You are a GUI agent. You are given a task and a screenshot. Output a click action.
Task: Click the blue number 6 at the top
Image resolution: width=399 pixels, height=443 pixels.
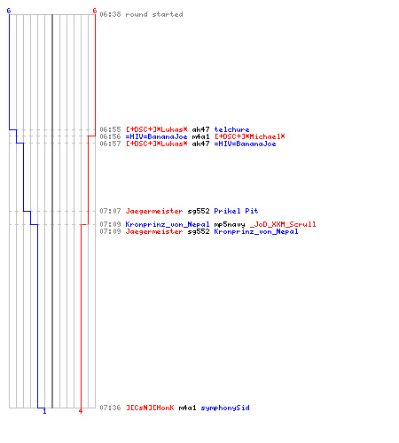(x=9, y=11)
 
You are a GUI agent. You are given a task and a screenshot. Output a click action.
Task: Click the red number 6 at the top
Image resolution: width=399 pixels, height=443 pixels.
(x=95, y=11)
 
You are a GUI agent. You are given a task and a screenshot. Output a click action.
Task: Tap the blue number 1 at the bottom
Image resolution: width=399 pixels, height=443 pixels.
(x=44, y=411)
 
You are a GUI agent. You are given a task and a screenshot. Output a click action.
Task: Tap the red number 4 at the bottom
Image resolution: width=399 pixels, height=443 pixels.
(x=81, y=411)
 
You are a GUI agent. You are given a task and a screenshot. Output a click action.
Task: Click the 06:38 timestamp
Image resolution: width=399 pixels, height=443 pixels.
(x=110, y=14)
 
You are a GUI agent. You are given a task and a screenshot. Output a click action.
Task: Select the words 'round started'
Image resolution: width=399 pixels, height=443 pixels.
(x=154, y=14)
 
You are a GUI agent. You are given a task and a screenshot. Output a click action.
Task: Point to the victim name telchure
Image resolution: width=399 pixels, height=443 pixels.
(x=231, y=129)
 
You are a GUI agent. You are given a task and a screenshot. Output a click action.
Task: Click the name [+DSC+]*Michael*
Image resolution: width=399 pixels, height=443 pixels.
(x=250, y=136)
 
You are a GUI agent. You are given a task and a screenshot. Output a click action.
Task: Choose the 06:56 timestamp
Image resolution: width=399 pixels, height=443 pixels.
(x=110, y=136)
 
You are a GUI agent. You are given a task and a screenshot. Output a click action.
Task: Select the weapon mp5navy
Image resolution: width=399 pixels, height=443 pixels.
(x=230, y=224)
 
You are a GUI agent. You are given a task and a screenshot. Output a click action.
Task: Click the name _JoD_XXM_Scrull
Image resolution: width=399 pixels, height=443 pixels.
(x=283, y=224)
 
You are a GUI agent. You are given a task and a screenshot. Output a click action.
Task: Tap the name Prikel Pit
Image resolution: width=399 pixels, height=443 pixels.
(x=236, y=211)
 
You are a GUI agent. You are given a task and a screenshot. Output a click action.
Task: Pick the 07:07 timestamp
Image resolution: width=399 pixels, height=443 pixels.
(x=110, y=211)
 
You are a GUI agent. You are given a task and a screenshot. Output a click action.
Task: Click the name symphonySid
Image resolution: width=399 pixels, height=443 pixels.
(x=225, y=408)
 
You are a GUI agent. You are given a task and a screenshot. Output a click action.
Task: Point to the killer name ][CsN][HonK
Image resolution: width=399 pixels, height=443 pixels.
(x=150, y=408)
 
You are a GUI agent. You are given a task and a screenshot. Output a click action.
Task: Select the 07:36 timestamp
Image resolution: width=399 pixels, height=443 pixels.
(x=110, y=408)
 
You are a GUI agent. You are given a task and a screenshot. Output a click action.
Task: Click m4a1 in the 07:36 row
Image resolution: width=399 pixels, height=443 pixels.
(x=187, y=408)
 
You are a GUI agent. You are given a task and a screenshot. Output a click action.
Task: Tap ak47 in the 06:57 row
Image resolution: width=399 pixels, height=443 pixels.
(x=200, y=144)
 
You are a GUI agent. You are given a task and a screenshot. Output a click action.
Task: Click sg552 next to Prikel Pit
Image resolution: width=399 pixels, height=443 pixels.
(x=199, y=211)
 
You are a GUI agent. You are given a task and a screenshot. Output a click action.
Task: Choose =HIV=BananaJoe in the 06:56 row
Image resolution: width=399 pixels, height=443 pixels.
(x=156, y=136)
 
